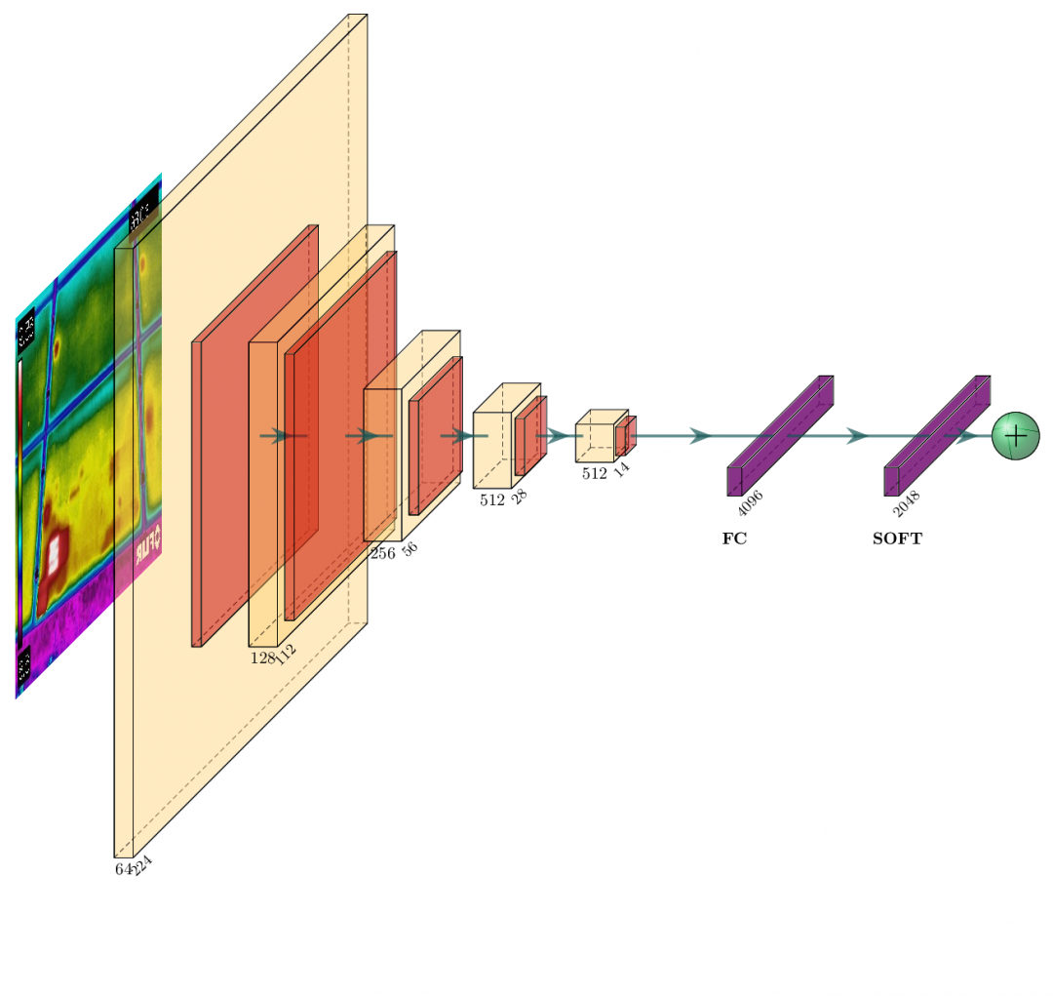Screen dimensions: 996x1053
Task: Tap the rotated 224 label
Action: (143, 865)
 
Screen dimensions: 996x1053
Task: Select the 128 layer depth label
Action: (262, 657)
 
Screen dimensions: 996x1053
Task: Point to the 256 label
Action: (382, 553)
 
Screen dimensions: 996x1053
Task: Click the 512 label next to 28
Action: (491, 500)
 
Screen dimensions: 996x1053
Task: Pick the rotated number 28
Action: (520, 497)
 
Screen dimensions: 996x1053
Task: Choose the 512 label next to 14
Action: (594, 473)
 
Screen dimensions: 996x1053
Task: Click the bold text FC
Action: (734, 538)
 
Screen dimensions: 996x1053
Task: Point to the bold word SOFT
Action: (897, 538)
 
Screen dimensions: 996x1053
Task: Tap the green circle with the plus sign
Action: (1015, 435)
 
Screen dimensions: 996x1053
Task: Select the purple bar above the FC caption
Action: (780, 435)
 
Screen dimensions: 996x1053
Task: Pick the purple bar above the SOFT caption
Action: (937, 435)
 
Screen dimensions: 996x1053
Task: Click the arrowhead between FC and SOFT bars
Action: (857, 435)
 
